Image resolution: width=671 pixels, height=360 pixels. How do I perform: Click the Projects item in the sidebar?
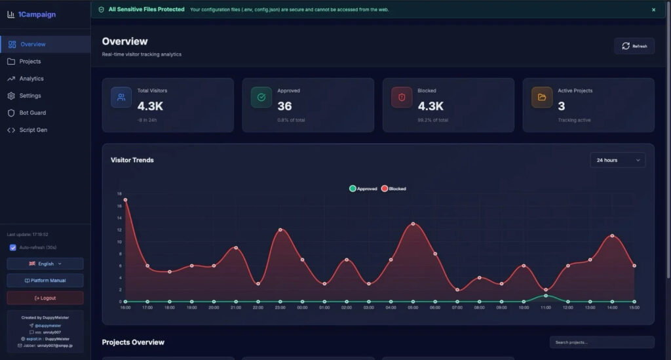[30, 62]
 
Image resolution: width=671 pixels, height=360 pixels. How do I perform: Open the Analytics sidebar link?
[31, 79]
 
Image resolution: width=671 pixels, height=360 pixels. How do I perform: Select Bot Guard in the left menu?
[32, 113]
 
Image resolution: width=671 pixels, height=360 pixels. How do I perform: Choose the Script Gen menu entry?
[33, 130]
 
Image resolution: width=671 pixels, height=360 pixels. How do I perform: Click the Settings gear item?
[30, 96]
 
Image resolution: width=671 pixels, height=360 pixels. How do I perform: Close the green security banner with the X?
[653, 10]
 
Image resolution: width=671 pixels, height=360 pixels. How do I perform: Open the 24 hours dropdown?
[617, 160]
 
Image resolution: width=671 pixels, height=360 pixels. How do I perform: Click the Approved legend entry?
[364, 189]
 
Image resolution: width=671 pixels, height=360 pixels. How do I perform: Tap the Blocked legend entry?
[394, 189]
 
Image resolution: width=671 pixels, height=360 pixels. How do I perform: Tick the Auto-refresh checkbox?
[13, 247]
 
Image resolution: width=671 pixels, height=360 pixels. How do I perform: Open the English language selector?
[45, 264]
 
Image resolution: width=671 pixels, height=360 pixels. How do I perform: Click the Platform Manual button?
[45, 281]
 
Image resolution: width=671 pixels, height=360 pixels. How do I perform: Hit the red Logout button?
[45, 298]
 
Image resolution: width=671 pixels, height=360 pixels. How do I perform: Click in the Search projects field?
[602, 342]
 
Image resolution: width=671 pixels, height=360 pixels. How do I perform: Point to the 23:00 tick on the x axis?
[280, 307]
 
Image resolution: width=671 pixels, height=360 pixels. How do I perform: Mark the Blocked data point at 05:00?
[413, 224]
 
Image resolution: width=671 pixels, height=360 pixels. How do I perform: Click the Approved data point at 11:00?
[546, 296]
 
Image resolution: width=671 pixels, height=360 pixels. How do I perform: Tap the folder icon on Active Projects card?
[542, 97]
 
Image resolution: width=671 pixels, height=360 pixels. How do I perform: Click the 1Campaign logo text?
[37, 14]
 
